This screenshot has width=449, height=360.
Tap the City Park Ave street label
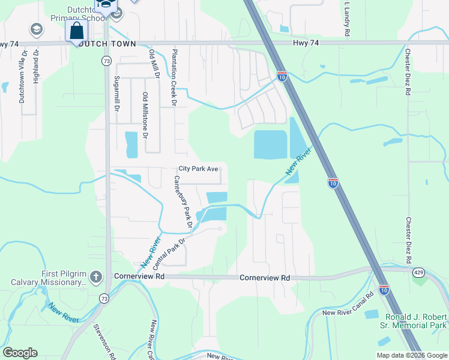[198, 169]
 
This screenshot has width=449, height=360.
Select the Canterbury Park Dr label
[182, 202]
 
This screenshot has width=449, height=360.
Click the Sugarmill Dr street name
[117, 95]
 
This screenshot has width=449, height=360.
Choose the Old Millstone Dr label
[145, 116]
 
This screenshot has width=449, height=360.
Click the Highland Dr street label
[36, 66]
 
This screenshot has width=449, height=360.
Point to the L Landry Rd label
[347, 19]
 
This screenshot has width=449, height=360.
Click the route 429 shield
[418, 272]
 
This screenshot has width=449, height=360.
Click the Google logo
[20, 353]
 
